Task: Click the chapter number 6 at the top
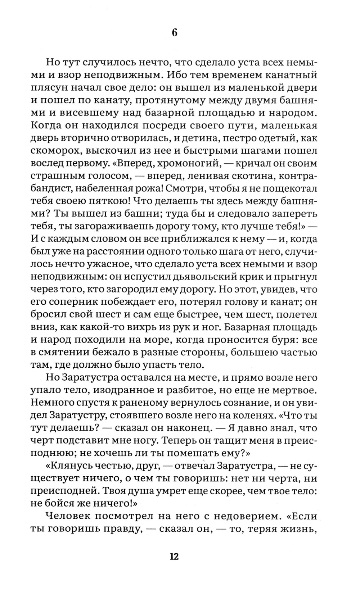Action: pos(175,33)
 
